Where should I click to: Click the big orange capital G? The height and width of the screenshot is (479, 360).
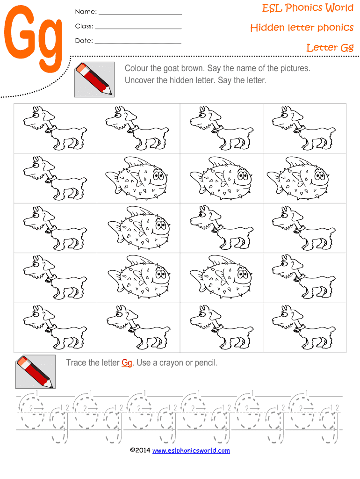pos(20,32)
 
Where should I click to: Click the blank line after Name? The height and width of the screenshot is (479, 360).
pos(140,15)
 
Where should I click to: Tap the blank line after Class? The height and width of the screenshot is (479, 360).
pos(138,29)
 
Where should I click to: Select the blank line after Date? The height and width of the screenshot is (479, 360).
pos(138,43)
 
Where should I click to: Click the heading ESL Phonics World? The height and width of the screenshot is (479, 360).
pos(308,7)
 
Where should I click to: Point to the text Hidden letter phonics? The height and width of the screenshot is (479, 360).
pos(302,28)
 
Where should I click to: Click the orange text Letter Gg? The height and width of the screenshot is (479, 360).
pos(330,48)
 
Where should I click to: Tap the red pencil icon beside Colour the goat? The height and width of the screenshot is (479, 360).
pos(94,80)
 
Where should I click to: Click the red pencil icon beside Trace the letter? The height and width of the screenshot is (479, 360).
pos(36,372)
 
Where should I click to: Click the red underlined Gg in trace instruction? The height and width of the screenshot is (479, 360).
pos(127,363)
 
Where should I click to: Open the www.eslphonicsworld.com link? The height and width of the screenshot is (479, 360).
pos(191,450)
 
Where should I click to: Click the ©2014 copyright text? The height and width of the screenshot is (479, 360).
pos(140,450)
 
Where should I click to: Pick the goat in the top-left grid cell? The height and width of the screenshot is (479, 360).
pos(55,128)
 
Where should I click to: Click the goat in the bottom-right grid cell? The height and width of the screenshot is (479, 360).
pos(304,327)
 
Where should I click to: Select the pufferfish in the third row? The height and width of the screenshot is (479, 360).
pos(139,228)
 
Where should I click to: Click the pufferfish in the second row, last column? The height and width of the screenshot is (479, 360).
pos(298,178)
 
